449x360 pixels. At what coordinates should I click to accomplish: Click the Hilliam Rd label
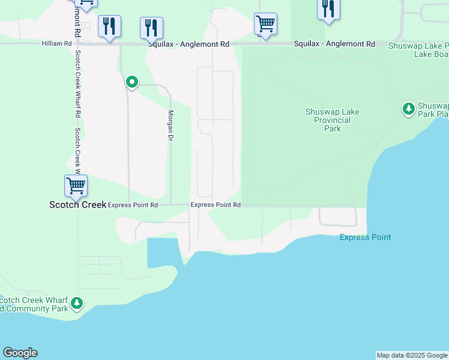[57, 44]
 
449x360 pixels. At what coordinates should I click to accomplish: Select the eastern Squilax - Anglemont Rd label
[334, 44]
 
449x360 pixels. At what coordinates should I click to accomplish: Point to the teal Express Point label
[365, 237]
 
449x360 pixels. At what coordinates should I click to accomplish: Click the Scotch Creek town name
[77, 205]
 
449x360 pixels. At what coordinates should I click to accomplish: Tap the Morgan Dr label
[170, 125]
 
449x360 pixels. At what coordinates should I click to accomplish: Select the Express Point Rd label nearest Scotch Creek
[133, 205]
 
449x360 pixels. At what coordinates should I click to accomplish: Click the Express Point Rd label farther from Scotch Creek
[215, 205]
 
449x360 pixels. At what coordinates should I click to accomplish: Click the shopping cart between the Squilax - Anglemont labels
[265, 24]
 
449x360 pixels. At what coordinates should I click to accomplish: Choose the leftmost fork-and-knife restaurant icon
[109, 26]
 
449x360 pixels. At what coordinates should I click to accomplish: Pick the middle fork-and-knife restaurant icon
[151, 28]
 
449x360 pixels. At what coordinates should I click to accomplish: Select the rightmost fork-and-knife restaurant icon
[328, 8]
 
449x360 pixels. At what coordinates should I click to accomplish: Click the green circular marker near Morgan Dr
[131, 82]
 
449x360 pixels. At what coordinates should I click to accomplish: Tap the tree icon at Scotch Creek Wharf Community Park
[76, 303]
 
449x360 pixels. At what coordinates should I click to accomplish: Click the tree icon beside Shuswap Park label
[408, 109]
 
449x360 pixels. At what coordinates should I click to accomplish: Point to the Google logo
[20, 353]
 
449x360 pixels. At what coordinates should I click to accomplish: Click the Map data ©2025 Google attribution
[412, 355]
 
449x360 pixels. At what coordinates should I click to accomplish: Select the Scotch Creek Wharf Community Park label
[33, 305]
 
